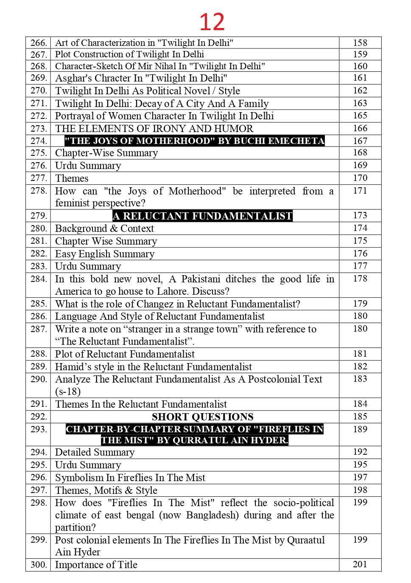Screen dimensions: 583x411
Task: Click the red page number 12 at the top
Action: pos(212,22)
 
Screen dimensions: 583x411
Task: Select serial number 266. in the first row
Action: pos(39,43)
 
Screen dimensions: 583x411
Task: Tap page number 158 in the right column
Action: pos(360,43)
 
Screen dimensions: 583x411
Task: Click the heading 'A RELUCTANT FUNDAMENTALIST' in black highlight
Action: pos(203,216)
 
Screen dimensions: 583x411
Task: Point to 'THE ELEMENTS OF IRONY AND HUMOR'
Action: pos(154,129)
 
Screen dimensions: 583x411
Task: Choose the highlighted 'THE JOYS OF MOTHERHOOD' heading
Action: pos(195,141)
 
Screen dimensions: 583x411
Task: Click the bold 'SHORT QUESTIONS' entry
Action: pos(203,417)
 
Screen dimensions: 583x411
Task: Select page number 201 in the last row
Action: pos(360,564)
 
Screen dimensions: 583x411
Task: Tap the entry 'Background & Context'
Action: pos(104,228)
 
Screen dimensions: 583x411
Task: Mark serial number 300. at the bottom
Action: pos(39,565)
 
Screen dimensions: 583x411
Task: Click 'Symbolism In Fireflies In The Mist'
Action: pos(130,478)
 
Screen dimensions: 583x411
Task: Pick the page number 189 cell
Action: pos(360,429)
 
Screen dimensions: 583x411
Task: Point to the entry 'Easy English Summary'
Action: pos(105,254)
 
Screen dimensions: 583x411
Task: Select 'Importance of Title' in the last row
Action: pos(96,565)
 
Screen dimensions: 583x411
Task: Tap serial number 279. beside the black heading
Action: pos(39,216)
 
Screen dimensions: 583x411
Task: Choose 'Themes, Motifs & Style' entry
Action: pos(106,490)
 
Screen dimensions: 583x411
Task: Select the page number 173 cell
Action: pos(360,215)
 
